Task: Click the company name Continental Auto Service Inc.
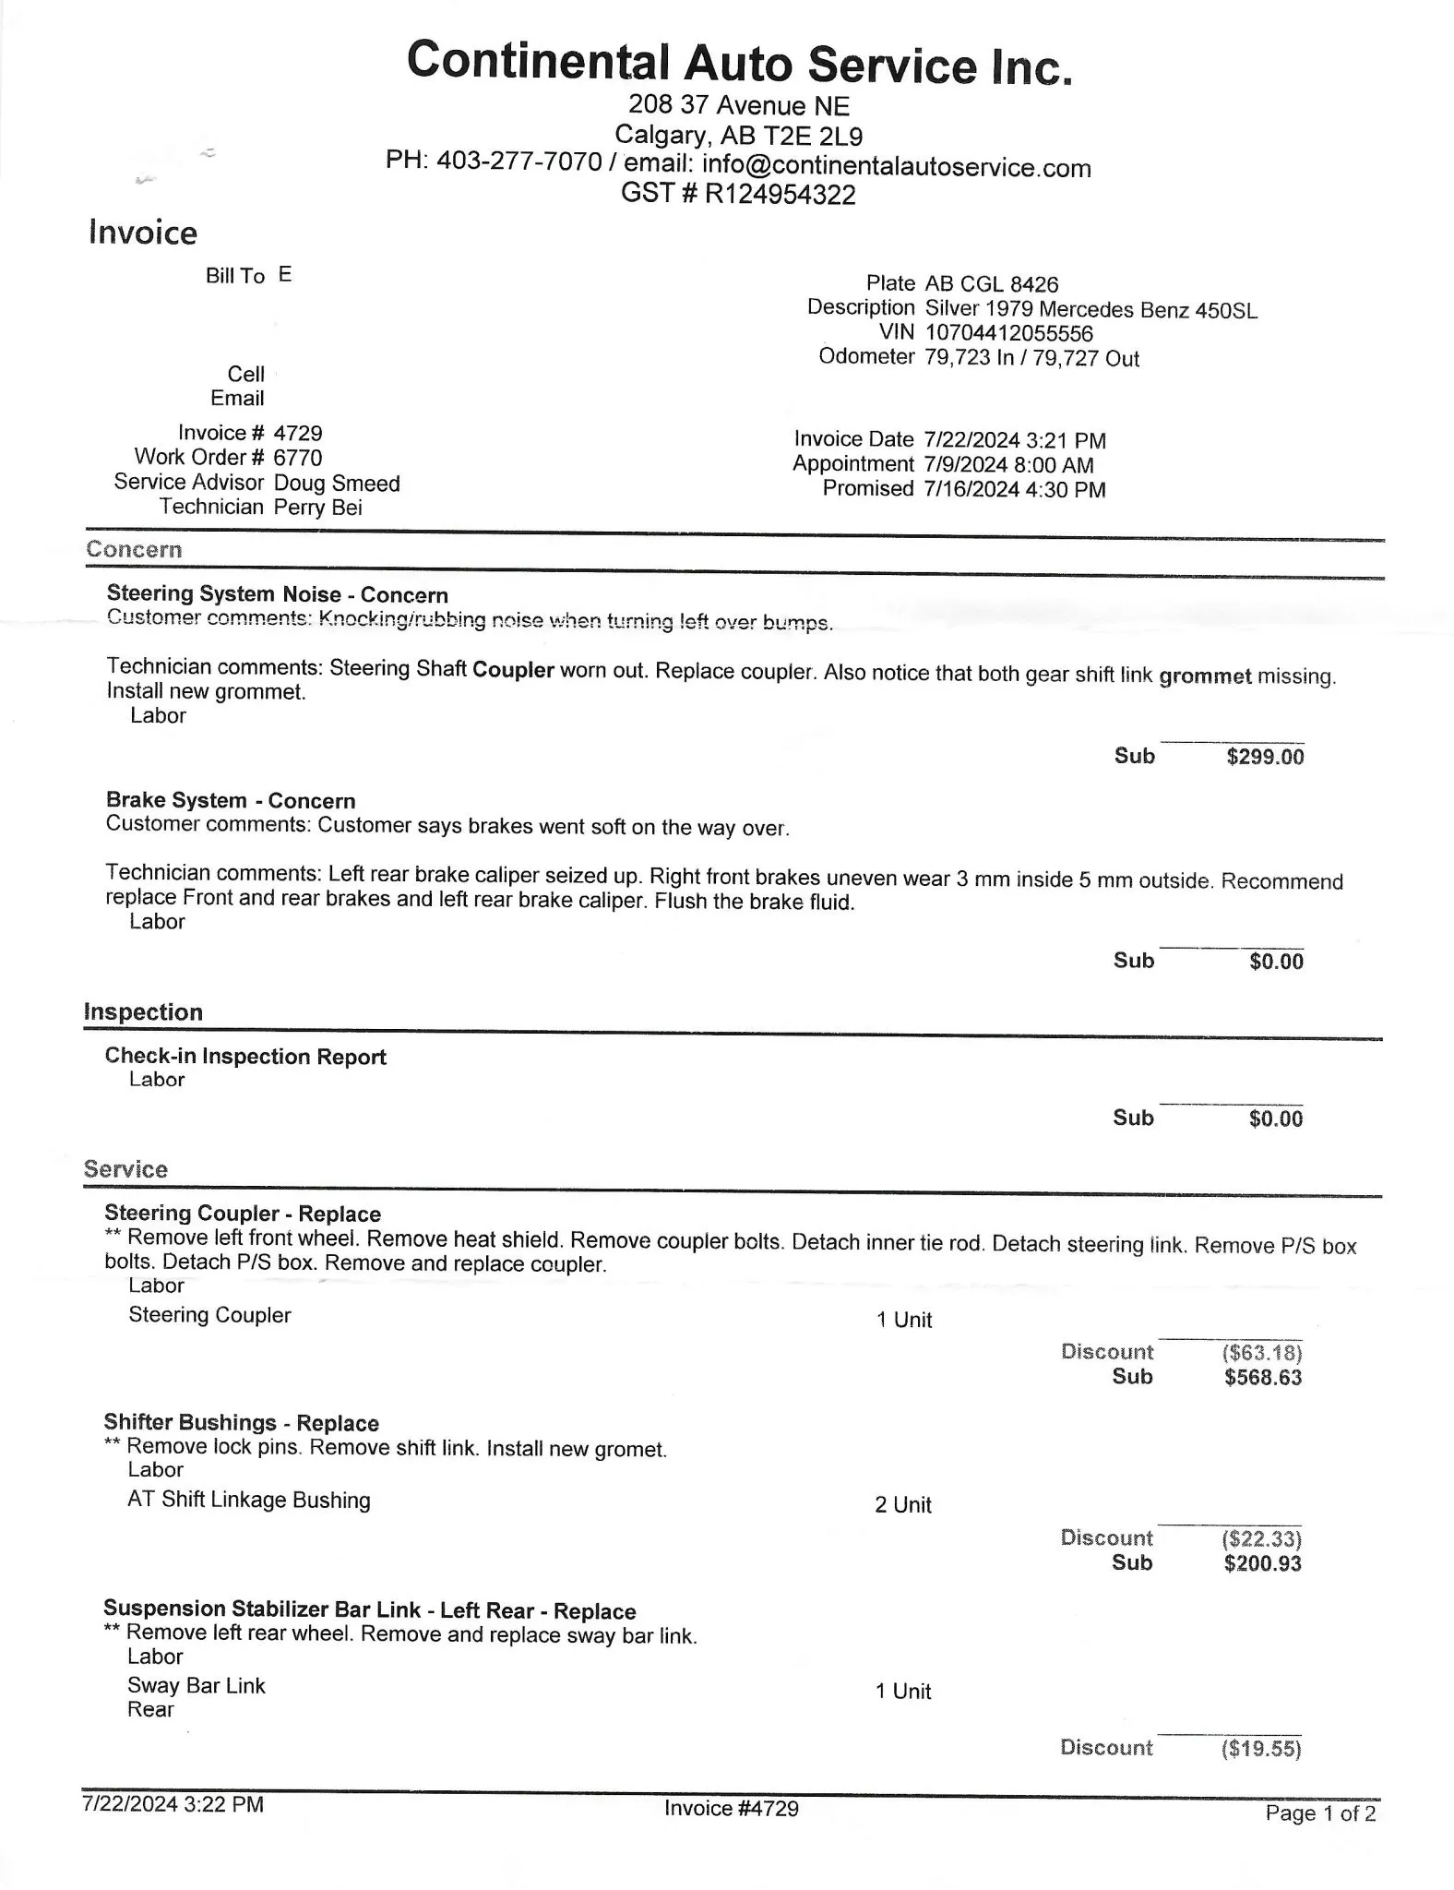point(740,63)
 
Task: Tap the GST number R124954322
point(780,195)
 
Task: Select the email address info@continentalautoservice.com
point(896,167)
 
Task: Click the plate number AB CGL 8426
point(992,284)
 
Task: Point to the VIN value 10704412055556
point(1008,333)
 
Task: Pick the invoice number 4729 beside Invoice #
point(298,433)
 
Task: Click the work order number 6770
point(298,458)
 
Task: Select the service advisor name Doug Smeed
point(337,484)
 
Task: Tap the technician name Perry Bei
point(318,508)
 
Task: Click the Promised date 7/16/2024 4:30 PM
point(1014,490)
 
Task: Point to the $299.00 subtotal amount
point(1265,758)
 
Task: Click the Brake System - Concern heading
point(231,800)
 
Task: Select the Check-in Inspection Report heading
point(245,1057)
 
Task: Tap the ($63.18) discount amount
point(1261,1353)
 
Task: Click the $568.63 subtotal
point(1263,1378)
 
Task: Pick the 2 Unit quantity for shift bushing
point(903,1505)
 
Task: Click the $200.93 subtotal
point(1262,1563)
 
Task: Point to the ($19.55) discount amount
point(1260,1749)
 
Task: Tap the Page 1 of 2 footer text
point(1320,1813)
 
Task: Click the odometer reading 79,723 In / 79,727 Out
point(1031,358)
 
